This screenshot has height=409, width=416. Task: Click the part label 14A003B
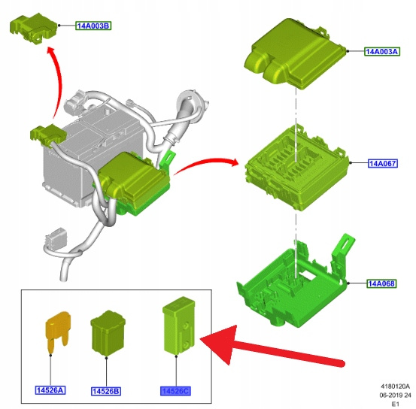pyautogui.click(x=93, y=26)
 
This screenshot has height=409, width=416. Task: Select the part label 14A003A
pyautogui.click(x=382, y=51)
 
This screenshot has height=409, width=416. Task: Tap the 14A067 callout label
pyautogui.click(x=383, y=163)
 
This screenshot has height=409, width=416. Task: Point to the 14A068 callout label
pyautogui.click(x=382, y=283)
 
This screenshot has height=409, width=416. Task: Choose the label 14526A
pyautogui.click(x=50, y=390)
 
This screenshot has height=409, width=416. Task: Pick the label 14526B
pyautogui.click(x=106, y=391)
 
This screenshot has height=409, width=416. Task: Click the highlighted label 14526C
pyautogui.click(x=175, y=391)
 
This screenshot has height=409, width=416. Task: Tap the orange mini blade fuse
pyautogui.click(x=59, y=332)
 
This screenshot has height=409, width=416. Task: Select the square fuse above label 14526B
pyautogui.click(x=108, y=333)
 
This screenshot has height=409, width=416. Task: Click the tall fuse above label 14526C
pyautogui.click(x=179, y=326)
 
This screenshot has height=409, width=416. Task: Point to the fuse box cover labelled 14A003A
pyautogui.click(x=296, y=53)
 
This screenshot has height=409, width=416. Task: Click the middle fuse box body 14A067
pyautogui.click(x=296, y=168)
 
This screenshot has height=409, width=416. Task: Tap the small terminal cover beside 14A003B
pyautogui.click(x=33, y=29)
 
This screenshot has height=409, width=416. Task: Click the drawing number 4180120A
pyautogui.click(x=395, y=386)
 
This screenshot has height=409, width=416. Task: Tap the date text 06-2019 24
pyautogui.click(x=395, y=395)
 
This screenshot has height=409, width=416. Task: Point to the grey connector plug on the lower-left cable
pyautogui.click(x=56, y=239)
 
